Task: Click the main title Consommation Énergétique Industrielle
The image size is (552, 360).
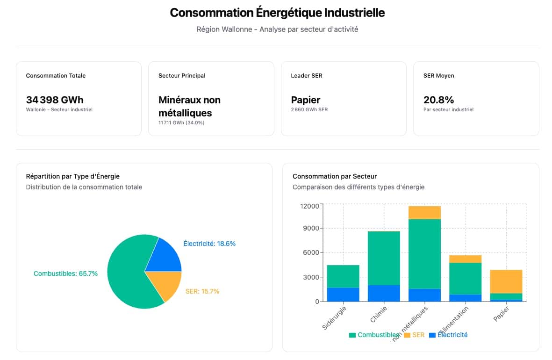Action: coord(277,13)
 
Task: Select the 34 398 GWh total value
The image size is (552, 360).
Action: coord(55,100)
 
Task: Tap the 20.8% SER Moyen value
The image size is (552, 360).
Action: coord(438,100)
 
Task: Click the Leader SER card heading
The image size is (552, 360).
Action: coord(306,76)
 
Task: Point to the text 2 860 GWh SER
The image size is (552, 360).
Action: coord(309,110)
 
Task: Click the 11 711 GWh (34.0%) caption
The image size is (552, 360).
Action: coord(181,123)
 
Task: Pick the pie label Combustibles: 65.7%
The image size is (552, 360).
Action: coord(65,274)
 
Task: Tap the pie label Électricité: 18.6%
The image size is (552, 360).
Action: coord(209,244)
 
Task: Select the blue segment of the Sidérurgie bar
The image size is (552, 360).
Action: coord(343,295)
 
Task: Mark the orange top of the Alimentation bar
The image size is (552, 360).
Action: coord(465,259)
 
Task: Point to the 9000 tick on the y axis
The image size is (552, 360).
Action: coord(310,229)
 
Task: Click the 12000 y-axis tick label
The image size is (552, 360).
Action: coord(309,206)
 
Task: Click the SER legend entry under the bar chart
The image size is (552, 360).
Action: coord(414,335)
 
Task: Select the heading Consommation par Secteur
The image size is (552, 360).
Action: coord(335,176)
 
